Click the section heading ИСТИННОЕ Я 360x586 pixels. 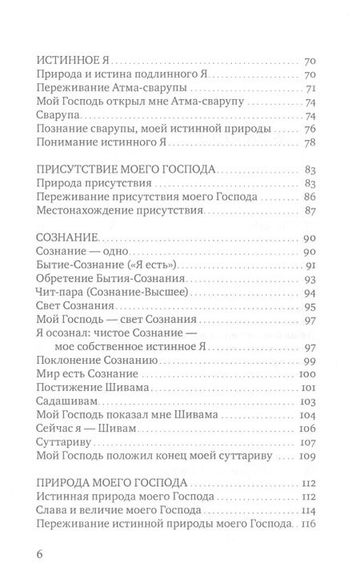[74, 60]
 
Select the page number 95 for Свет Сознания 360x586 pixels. [313, 307]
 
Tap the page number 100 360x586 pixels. [310, 377]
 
